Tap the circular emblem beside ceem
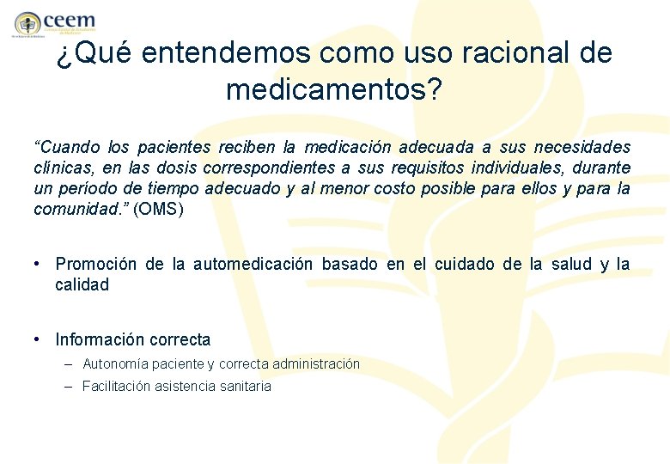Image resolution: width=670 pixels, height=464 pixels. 27,23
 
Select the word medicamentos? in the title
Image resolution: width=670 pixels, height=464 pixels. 334,88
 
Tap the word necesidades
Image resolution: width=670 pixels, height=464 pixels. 583,147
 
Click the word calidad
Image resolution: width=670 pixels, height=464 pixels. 82,284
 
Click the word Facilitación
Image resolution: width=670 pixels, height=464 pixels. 117,387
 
